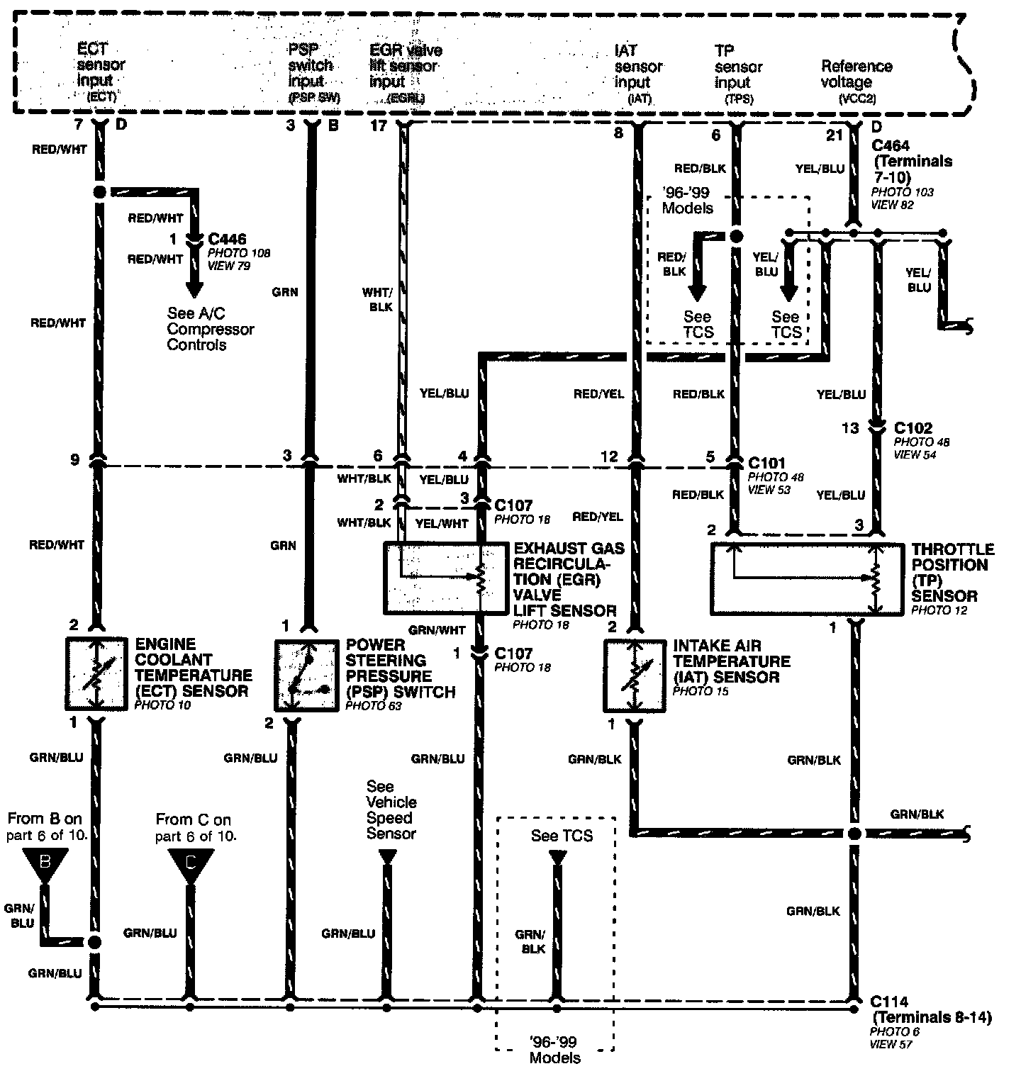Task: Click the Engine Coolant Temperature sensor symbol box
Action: click(x=96, y=674)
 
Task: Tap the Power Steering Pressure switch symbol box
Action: click(x=306, y=676)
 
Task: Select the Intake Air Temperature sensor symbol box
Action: click(x=635, y=676)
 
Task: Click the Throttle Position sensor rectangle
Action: click(x=807, y=579)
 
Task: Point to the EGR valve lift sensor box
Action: click(x=446, y=578)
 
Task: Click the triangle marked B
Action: click(x=45, y=863)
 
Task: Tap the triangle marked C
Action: click(x=190, y=864)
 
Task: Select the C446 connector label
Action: click(x=227, y=239)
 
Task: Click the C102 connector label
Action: click(x=913, y=428)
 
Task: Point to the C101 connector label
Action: click(x=766, y=464)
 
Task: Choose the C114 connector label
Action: click(x=889, y=1002)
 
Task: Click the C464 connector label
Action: click(x=891, y=145)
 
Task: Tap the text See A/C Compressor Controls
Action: click(x=211, y=329)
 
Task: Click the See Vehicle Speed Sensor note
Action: click(x=391, y=809)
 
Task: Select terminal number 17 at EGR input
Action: click(x=379, y=126)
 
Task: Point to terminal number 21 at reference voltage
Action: click(x=835, y=135)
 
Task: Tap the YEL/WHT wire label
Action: click(x=442, y=523)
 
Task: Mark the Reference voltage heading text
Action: click(x=857, y=74)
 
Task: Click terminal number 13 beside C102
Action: click(x=850, y=428)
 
